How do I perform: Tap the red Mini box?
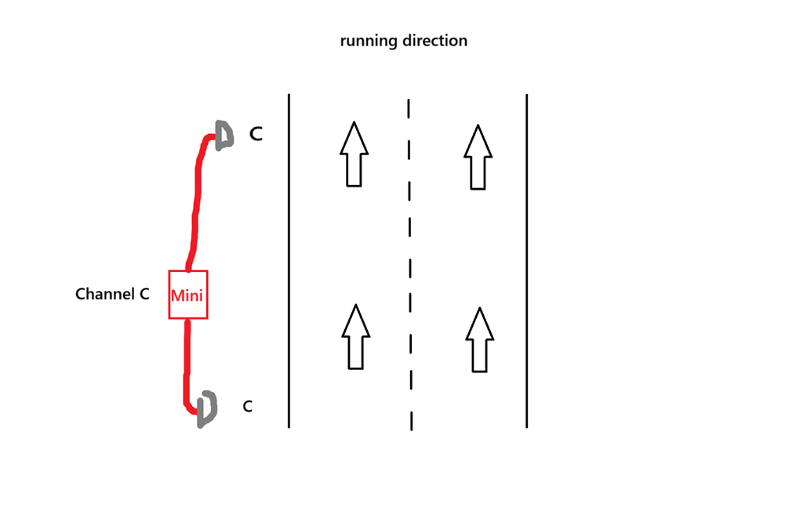tap(188, 294)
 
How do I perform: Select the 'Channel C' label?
tap(112, 295)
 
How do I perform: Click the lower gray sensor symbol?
tap(206, 408)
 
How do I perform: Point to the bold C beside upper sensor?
tap(256, 135)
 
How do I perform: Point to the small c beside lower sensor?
tap(247, 407)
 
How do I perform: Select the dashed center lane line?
tap(409, 267)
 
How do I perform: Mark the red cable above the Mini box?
tap(194, 204)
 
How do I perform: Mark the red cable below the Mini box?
tap(187, 361)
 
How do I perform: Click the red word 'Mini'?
tap(188, 296)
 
